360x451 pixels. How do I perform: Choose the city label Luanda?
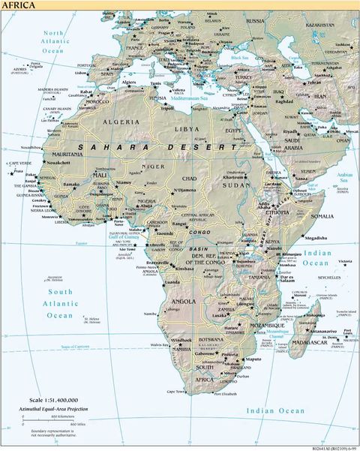[172, 283]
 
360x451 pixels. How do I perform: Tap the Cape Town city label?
[175, 392]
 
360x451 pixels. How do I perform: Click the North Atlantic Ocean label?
[53, 41]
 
